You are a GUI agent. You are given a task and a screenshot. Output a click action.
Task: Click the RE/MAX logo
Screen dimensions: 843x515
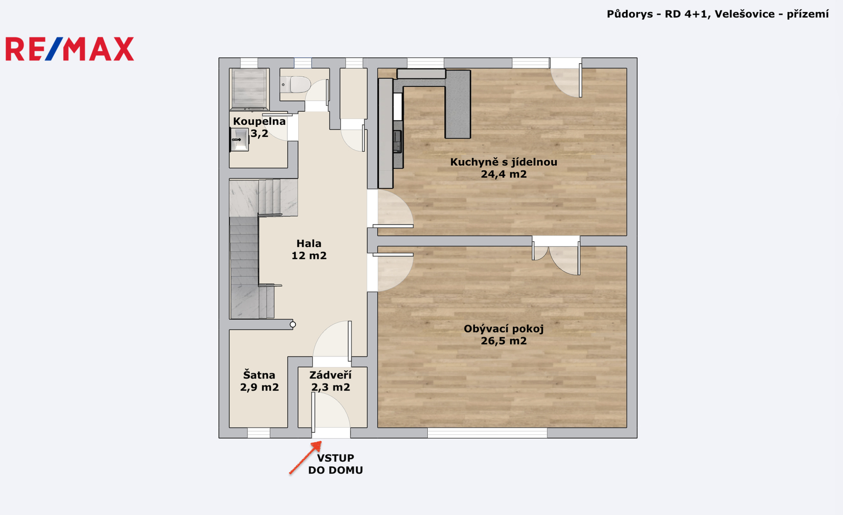tap(70, 49)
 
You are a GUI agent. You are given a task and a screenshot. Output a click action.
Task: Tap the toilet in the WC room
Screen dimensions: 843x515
tap(296, 84)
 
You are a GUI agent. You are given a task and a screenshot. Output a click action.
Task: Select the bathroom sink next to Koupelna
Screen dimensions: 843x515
tap(239, 140)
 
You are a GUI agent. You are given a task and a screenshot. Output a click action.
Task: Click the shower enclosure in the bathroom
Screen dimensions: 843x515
tap(249, 89)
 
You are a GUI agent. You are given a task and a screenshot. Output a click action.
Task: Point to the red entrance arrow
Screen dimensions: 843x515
tap(305, 458)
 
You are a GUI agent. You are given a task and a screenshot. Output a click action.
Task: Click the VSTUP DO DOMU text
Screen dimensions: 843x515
tap(335, 464)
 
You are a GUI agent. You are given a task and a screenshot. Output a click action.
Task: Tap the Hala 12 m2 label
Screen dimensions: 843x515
tap(309, 250)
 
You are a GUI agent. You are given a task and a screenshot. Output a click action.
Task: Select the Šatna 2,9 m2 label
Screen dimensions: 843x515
tap(259, 381)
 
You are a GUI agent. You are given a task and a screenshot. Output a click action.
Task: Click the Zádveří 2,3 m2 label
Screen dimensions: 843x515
tap(330, 381)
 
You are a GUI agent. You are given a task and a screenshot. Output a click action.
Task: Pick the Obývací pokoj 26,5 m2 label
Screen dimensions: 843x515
tap(504, 335)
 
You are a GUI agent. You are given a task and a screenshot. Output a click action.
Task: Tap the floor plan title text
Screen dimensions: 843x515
tap(718, 14)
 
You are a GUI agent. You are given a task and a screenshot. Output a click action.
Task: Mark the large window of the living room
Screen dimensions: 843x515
tap(487, 433)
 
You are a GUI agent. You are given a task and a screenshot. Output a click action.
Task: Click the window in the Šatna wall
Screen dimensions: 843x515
tap(259, 433)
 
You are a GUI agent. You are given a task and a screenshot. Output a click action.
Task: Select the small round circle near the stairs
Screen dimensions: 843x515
tap(293, 324)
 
